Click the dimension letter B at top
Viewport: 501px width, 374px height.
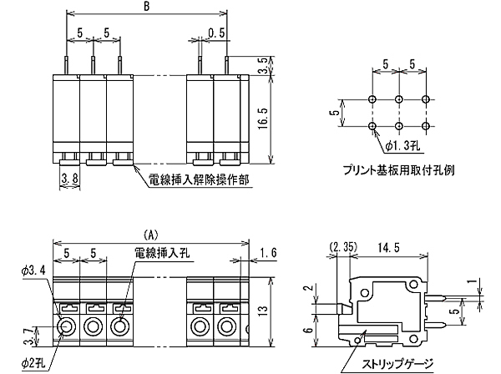point(146,8)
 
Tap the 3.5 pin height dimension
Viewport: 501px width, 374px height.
point(262,67)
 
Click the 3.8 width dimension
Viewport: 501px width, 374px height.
point(70,177)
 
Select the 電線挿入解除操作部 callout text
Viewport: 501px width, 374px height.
point(198,179)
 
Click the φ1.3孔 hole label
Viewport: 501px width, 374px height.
point(407,147)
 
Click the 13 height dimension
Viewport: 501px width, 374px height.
point(263,310)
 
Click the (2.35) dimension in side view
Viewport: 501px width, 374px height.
point(343,247)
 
